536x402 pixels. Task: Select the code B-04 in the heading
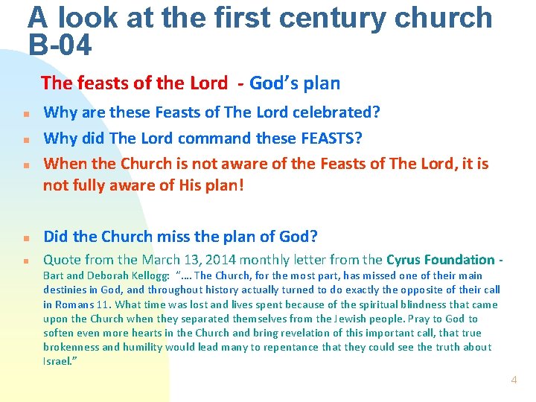coord(60,46)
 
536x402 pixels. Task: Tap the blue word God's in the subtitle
coord(274,83)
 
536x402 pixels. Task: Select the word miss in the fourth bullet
coord(197,237)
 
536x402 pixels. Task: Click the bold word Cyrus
coord(406,260)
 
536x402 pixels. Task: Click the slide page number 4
coord(514,380)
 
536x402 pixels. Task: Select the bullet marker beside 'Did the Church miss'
coord(25,239)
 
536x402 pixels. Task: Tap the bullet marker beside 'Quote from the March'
coord(25,262)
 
